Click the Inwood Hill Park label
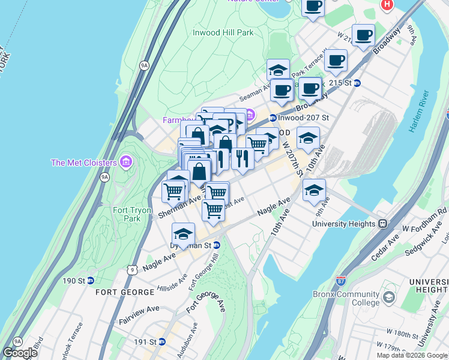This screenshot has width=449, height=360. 223,33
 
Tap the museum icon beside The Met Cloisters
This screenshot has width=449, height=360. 125,162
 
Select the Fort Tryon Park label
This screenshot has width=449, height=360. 127,214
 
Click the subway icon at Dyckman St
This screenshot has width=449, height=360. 216,245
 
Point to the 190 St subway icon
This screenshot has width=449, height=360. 90,281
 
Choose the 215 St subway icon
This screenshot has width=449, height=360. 357,83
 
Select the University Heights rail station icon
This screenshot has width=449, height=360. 382,224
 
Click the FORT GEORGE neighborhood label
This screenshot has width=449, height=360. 125,292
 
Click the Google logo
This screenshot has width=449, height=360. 20,353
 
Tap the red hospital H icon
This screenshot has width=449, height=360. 387,5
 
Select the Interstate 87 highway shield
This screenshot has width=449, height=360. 341,280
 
